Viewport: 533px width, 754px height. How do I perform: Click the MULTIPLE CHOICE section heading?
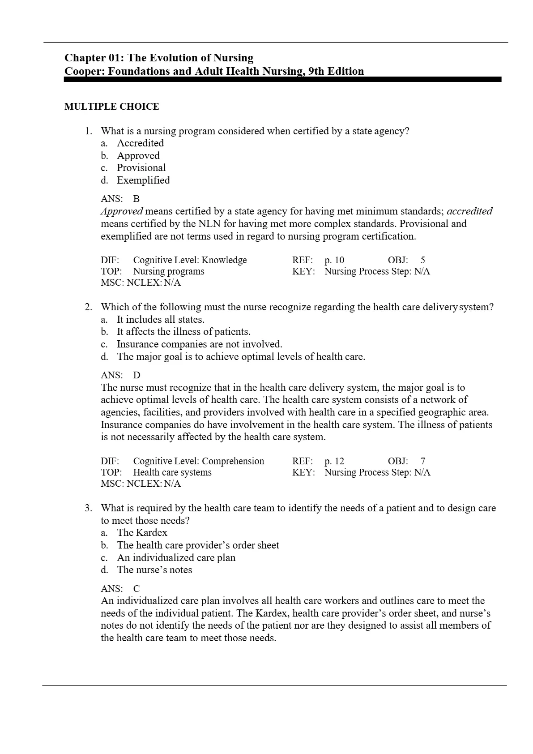coord(111,107)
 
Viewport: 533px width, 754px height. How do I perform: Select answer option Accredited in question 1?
coord(140,143)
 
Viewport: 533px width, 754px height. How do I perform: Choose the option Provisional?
coord(141,168)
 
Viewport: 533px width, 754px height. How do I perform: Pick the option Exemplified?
coord(143,180)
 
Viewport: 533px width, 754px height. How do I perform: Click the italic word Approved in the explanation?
coord(122,211)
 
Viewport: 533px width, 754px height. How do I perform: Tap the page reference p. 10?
coord(334,260)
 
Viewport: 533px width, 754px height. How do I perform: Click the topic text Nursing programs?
coord(168,271)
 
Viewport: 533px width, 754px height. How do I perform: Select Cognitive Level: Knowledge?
coord(190,260)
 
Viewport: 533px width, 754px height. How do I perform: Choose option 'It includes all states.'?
coord(160,320)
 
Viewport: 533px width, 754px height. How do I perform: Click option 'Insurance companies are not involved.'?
coord(199,344)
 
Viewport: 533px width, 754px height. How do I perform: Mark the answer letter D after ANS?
coord(136,375)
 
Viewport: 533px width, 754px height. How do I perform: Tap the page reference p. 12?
coord(334,461)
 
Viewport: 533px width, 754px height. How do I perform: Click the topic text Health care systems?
coord(172,472)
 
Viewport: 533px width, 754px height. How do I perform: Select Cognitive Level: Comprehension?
coord(198,461)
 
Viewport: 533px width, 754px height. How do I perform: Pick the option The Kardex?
coord(142,533)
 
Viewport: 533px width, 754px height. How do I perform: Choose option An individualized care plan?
coord(176,558)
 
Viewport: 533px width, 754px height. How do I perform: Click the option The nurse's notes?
coord(154,570)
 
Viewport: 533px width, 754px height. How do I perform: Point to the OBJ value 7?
coord(423,461)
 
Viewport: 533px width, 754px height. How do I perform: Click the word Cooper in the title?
coord(81,71)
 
